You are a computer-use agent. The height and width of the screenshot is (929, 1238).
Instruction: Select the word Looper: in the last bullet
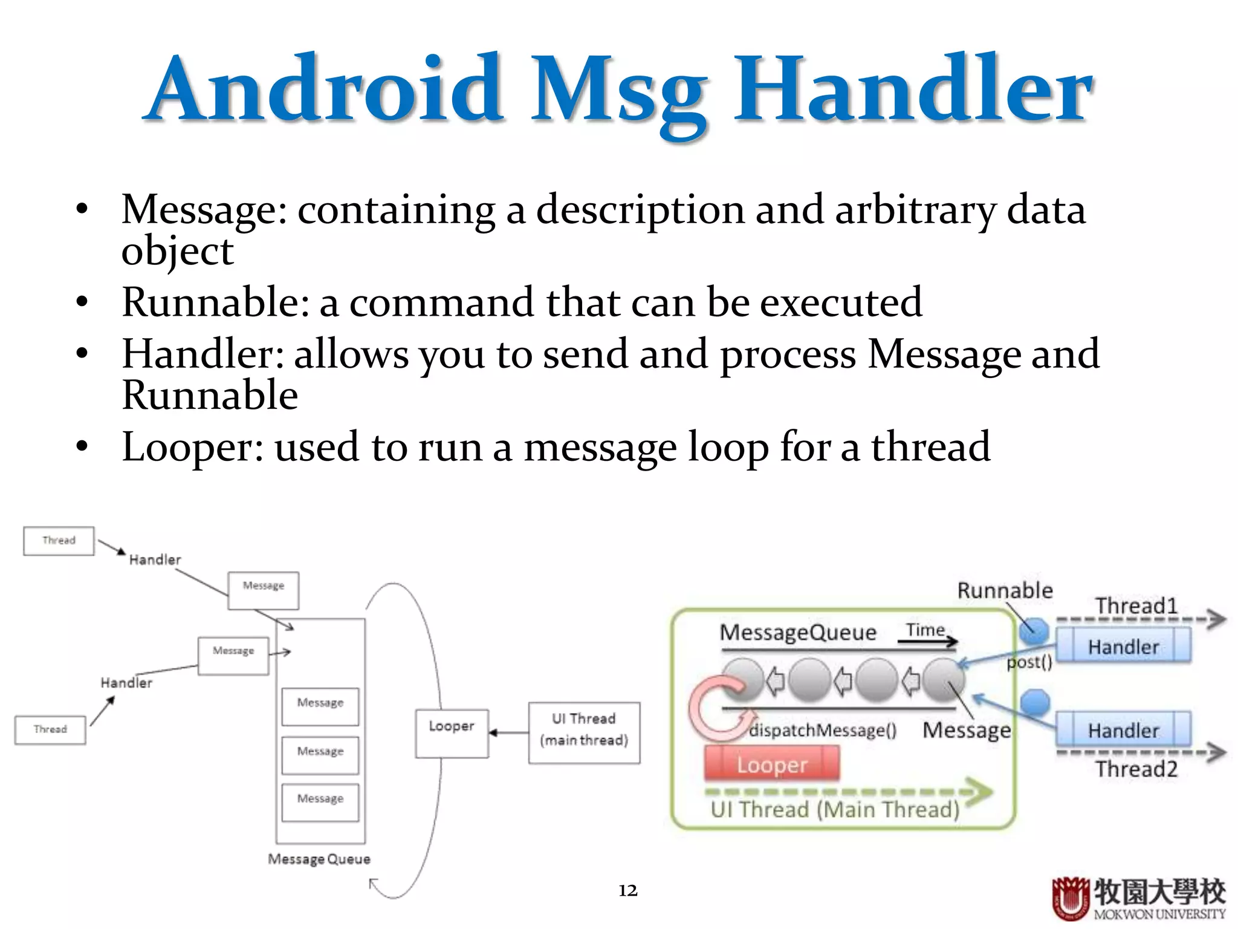(x=192, y=448)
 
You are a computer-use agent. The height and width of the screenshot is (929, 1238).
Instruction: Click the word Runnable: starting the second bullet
(x=215, y=302)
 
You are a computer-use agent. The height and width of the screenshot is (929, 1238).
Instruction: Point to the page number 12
(x=627, y=890)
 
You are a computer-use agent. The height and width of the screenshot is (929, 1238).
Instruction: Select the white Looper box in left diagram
(x=452, y=733)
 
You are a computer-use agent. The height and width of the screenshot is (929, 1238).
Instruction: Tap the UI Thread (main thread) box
(x=584, y=732)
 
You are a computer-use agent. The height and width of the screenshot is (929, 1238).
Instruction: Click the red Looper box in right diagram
(x=772, y=764)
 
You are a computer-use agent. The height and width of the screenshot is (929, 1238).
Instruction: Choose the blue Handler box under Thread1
(x=1123, y=646)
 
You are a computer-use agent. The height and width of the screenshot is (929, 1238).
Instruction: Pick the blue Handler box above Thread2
(x=1123, y=729)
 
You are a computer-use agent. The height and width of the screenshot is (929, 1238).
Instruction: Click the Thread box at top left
(x=59, y=541)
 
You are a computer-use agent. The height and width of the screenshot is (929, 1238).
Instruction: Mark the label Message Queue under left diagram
(x=319, y=859)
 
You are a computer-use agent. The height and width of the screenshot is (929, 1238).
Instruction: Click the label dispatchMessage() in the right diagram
(x=822, y=731)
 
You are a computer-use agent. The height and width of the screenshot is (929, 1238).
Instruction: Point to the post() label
(x=1029, y=662)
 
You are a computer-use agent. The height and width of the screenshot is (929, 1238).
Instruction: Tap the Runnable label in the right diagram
(x=1005, y=590)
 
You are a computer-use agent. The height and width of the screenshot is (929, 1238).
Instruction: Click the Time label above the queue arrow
(x=925, y=630)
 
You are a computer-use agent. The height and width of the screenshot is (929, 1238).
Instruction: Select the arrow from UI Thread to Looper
(x=508, y=733)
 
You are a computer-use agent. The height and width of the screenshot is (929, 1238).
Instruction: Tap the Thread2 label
(x=1136, y=769)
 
